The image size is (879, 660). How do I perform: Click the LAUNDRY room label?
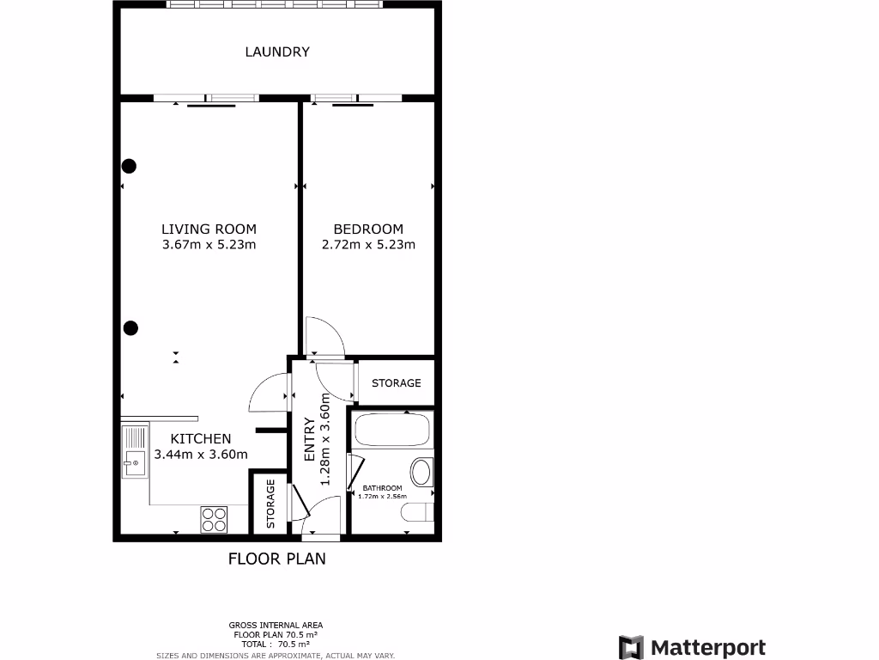[277, 52]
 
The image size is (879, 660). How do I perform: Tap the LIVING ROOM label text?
[209, 229]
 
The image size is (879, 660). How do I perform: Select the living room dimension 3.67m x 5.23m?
[209, 245]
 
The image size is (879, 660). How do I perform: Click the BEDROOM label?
[368, 229]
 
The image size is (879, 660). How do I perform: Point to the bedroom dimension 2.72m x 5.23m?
[368, 245]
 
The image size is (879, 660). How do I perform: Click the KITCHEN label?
[201, 438]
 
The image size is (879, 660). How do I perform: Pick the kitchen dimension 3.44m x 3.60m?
[201, 455]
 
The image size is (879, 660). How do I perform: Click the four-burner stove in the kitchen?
[215, 519]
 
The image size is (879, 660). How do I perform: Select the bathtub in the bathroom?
[392, 430]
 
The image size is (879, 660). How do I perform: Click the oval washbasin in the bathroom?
[421, 472]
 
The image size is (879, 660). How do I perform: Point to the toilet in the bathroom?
[417, 513]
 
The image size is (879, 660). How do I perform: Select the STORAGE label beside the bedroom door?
[396, 383]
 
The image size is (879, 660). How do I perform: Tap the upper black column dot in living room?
[129, 166]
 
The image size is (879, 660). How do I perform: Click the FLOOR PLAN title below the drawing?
[276, 559]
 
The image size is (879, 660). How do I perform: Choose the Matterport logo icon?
[631, 647]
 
